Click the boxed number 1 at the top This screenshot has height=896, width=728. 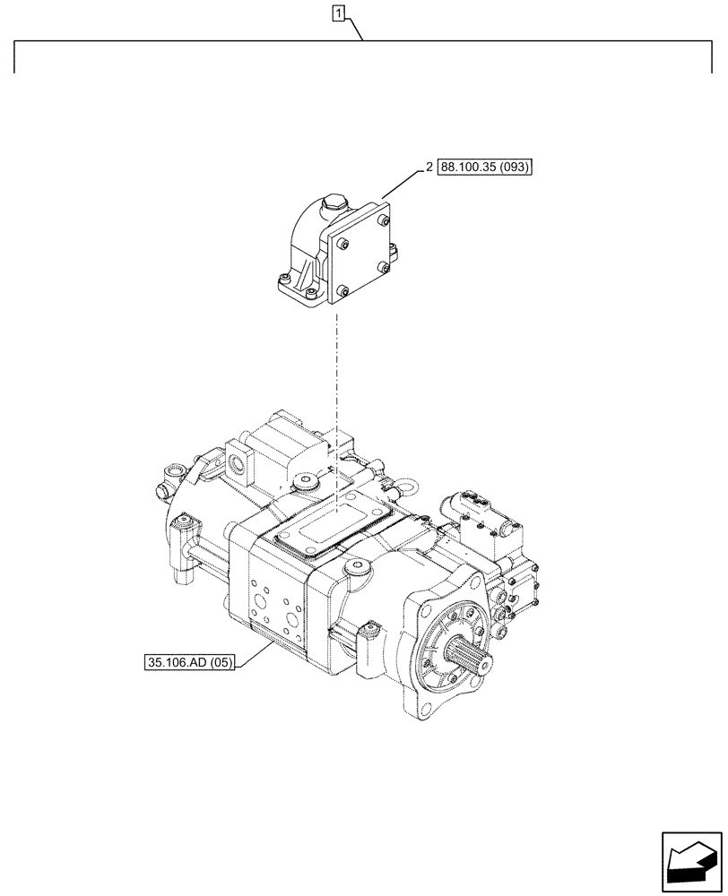338,13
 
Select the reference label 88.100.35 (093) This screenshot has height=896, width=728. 484,168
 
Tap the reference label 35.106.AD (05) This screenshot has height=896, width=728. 186,664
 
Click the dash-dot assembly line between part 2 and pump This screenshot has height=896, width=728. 336,376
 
